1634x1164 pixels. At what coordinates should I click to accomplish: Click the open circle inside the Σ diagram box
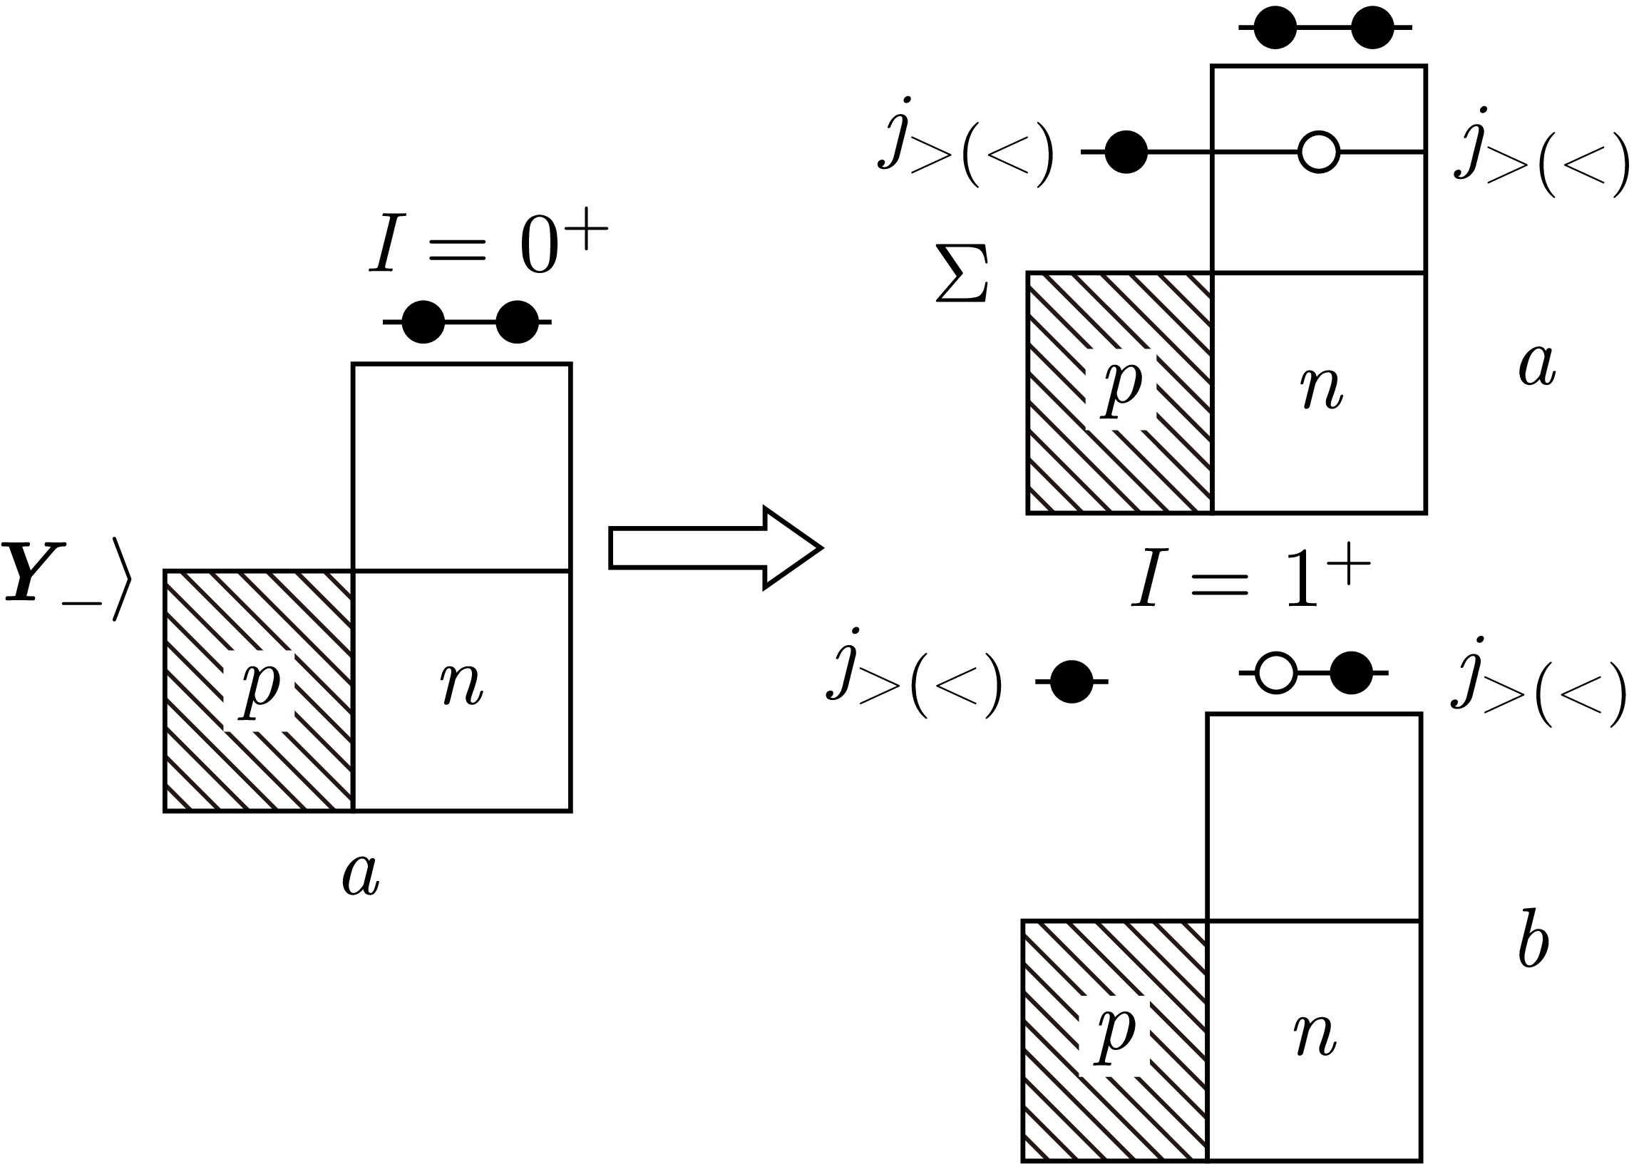(1318, 152)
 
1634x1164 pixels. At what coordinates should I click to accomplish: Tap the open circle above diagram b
(1275, 673)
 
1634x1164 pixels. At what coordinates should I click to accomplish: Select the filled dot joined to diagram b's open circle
(1351, 673)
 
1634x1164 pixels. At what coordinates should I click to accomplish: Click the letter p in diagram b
(1116, 1034)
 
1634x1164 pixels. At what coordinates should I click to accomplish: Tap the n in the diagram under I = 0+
(461, 686)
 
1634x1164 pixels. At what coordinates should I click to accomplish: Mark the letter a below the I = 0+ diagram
(361, 875)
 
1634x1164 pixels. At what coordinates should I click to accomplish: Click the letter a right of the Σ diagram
(1536, 366)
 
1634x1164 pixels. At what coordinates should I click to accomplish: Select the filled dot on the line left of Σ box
(1126, 152)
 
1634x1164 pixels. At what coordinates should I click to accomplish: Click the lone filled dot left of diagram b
(1072, 681)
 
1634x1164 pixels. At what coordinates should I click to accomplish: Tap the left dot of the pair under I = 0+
(423, 321)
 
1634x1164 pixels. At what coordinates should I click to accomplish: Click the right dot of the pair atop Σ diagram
(1372, 28)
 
